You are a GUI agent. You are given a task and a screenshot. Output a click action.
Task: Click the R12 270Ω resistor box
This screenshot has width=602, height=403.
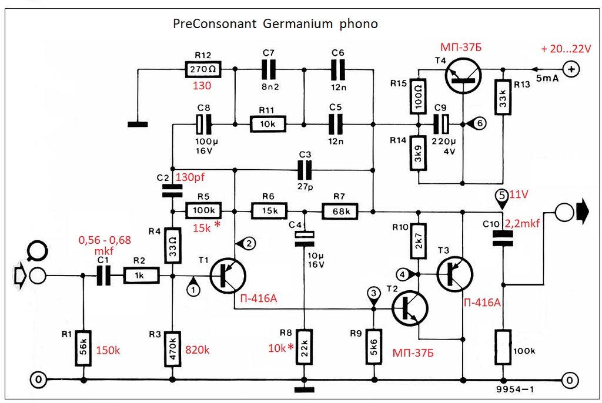[x=203, y=69]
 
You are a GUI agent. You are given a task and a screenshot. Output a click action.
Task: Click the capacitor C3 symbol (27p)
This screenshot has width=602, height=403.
[x=305, y=170]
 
